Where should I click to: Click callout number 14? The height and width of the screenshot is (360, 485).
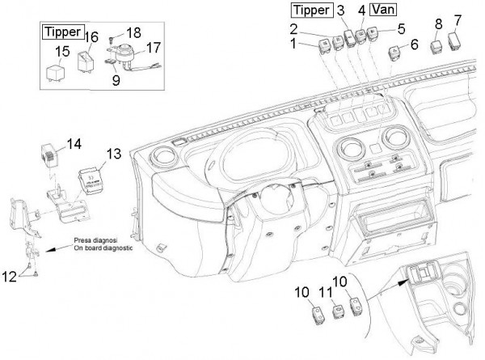(74, 144)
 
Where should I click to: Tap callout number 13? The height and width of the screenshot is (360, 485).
(113, 153)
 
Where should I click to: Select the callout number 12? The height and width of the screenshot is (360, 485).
(10, 277)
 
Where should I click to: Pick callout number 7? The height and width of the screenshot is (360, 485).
(458, 19)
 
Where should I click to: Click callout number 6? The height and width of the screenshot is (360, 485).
(415, 46)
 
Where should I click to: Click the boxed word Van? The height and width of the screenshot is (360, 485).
(384, 11)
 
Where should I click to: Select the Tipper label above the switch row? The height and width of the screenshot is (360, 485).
(309, 11)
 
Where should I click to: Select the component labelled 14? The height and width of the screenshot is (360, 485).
(52, 152)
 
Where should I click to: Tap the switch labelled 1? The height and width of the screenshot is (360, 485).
(323, 43)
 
